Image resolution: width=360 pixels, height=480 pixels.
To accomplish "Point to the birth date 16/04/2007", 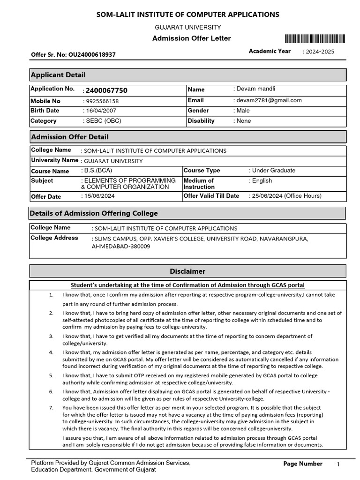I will point(101,111).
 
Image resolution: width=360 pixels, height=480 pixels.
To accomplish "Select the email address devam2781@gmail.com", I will point(269,100).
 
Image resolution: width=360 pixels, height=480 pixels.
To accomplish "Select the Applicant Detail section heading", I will point(58,75).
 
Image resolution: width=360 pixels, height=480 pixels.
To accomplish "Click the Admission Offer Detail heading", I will point(69,137).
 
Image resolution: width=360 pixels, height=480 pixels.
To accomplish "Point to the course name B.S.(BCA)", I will point(98,171).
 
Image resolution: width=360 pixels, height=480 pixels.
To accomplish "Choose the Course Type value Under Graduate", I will point(274,171).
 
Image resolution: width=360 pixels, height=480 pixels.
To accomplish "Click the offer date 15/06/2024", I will point(99,196).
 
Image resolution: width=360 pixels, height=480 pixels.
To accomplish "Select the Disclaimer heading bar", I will point(187,271).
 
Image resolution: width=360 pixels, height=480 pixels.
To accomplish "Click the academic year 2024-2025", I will point(320,52).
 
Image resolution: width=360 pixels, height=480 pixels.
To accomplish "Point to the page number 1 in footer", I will point(338,464).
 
